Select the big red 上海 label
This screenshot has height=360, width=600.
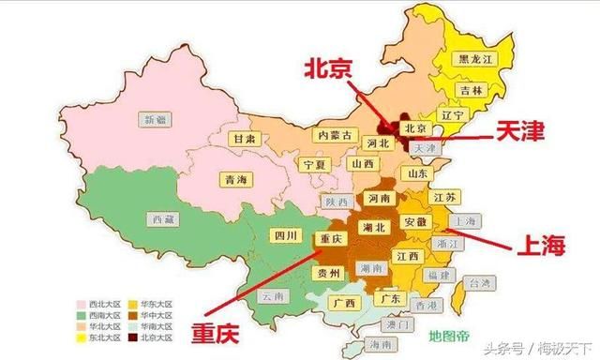[541, 247]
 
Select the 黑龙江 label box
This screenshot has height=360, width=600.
[472, 58]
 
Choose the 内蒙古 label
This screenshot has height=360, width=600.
[336, 136]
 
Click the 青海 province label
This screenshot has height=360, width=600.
[236, 180]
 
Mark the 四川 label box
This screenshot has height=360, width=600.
[283, 234]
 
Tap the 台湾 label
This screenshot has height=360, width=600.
[479, 282]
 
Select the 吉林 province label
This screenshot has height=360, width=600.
[472, 90]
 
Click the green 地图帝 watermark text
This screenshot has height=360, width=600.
[449, 335]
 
